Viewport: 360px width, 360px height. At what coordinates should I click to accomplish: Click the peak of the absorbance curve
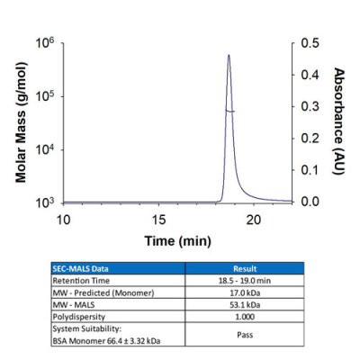pos(229,55)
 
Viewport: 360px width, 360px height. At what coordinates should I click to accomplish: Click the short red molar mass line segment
pos(229,111)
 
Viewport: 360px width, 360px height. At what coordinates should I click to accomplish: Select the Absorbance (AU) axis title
pos(339,122)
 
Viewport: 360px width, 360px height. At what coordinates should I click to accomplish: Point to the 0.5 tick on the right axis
pos(310,42)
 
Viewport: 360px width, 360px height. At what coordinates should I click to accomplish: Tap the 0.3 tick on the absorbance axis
pos(310,106)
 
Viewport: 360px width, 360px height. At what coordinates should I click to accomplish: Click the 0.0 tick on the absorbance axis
pos(310,202)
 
